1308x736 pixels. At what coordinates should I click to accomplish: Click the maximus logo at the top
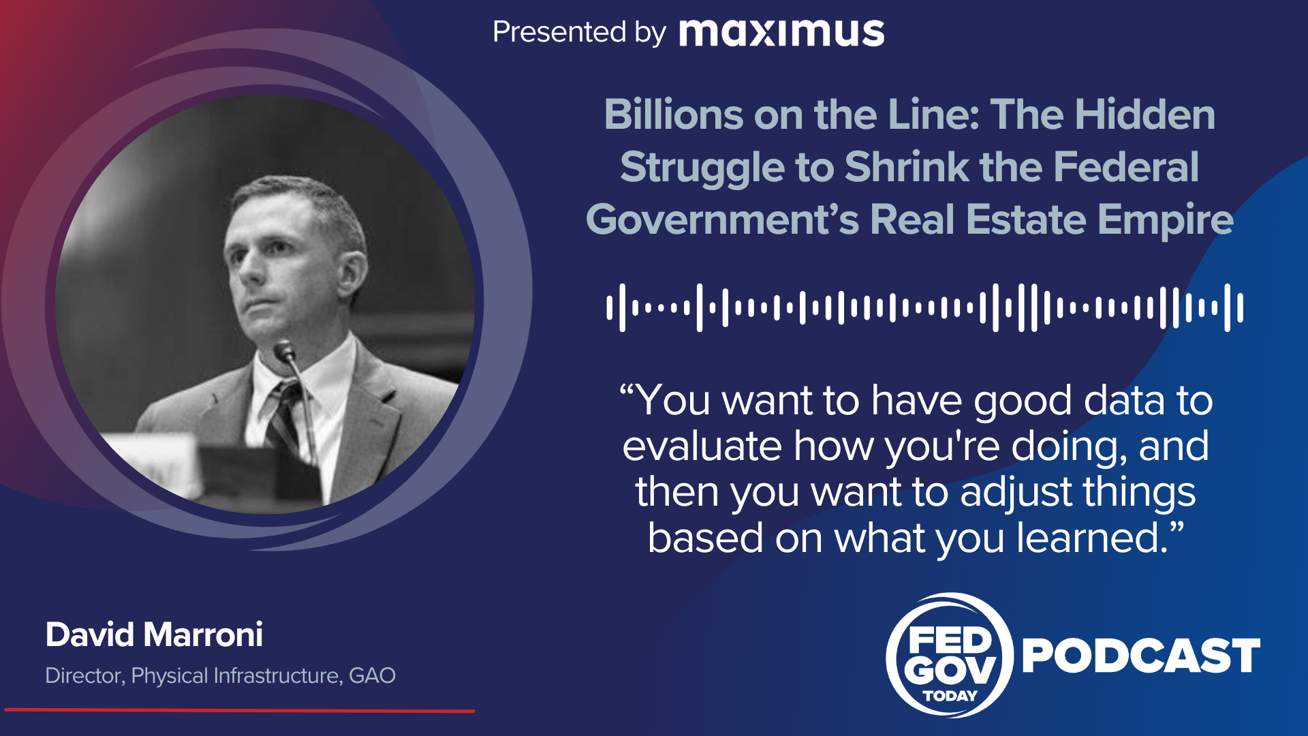point(781,33)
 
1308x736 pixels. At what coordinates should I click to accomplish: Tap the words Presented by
point(579,33)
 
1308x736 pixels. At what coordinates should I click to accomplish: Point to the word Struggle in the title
point(702,168)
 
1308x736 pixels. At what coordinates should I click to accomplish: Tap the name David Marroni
point(154,634)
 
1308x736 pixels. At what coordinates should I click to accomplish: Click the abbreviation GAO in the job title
point(372,675)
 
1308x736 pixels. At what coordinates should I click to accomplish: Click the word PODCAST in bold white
point(1141,656)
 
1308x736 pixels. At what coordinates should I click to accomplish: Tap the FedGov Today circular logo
point(950,655)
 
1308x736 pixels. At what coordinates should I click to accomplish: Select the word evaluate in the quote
point(702,446)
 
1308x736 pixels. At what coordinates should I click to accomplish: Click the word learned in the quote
point(1093,538)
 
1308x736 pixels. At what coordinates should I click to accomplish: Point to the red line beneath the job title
point(239,710)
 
